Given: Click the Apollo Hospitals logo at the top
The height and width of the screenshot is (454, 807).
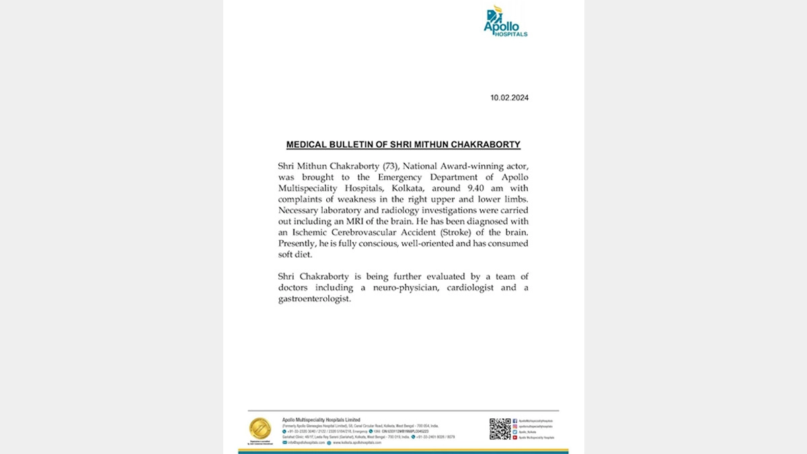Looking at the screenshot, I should pyautogui.click(x=505, y=22).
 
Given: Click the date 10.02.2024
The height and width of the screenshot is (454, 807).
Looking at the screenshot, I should pyautogui.click(x=509, y=98).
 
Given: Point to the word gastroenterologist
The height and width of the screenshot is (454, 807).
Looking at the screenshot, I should pyautogui.click(x=314, y=299).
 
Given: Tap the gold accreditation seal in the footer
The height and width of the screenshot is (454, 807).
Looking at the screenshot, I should pyautogui.click(x=260, y=428).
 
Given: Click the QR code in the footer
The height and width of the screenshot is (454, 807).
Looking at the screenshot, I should pyautogui.click(x=500, y=428).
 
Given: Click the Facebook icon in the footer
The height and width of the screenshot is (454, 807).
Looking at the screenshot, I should pyautogui.click(x=515, y=420).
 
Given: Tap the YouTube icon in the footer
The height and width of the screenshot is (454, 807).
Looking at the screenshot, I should pyautogui.click(x=515, y=438).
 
